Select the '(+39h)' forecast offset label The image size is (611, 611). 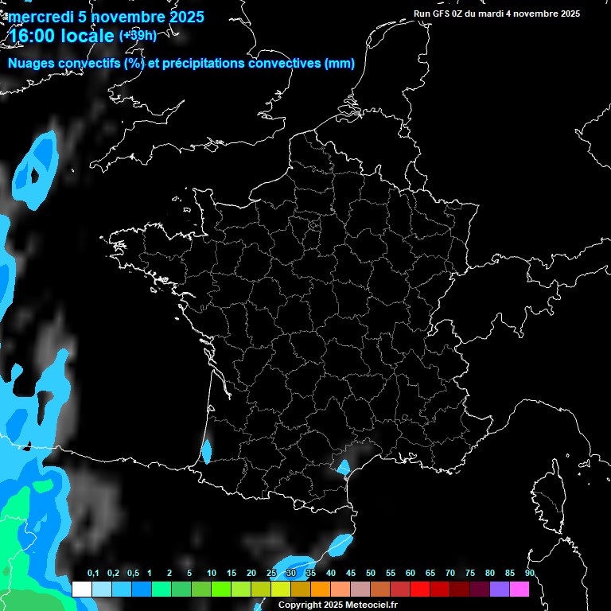pos(138,35)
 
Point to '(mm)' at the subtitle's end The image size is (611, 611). pos(340,64)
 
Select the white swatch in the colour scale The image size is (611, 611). pos(81,590)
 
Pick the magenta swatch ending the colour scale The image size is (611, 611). pos(520,590)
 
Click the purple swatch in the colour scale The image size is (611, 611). pos(500,590)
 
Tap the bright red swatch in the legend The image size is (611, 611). pos(420,590)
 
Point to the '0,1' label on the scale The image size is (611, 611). pos(93,574)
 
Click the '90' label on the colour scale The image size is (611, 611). pos(530,574)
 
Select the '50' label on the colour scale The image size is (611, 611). pos(371,574)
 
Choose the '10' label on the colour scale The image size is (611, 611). pos(212,574)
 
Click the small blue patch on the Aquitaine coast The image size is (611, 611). pos(207,452)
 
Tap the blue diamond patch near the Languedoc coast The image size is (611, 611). pos(344,467)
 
